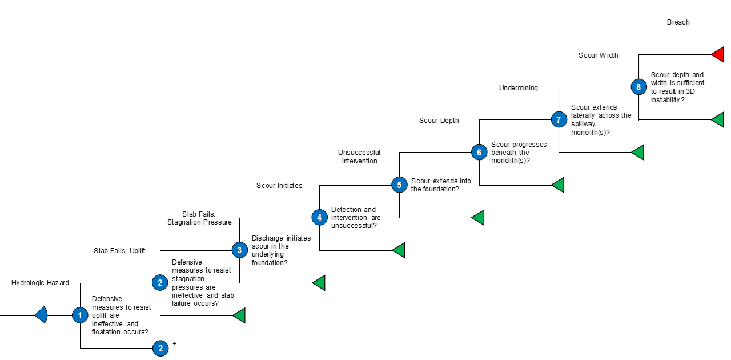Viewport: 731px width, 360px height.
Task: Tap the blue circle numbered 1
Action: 80,315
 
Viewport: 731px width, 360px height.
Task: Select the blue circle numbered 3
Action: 239,250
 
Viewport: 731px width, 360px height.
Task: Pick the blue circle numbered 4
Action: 319,218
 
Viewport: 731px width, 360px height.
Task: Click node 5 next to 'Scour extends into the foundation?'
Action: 399,185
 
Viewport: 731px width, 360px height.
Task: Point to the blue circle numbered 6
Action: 479,152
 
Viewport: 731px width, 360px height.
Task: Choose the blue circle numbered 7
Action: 559,119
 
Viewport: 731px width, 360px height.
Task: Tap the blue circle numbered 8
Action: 638,87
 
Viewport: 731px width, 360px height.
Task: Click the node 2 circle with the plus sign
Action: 160,348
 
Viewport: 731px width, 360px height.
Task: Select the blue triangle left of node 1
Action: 42,315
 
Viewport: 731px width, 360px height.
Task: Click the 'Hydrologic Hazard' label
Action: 40,283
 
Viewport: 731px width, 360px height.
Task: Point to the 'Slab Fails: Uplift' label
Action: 119,250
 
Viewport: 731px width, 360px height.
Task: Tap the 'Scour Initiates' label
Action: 279,186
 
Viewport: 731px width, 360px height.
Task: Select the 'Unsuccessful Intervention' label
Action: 359,157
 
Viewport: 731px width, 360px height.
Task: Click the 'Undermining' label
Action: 519,88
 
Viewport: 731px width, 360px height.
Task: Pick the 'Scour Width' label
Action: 599,55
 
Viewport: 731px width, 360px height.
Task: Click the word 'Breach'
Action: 678,22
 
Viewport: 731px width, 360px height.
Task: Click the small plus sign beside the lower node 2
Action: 175,343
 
